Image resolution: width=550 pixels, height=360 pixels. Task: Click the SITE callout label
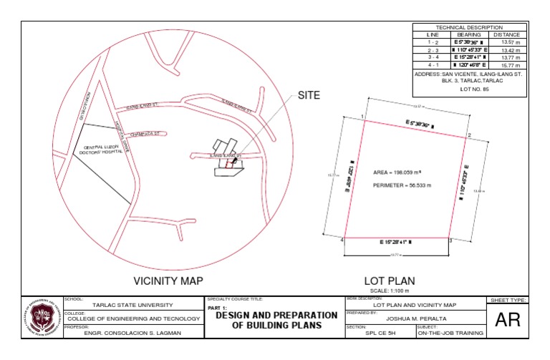(309, 94)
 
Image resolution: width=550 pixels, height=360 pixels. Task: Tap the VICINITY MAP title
(168, 281)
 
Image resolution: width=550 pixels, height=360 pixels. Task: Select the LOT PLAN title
(390, 281)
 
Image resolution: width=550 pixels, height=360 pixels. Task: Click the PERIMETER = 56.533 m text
(402, 185)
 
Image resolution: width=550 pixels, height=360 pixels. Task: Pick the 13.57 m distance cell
(508, 42)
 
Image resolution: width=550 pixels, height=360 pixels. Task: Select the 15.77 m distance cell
(508, 65)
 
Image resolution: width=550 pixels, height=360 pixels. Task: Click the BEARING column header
(468, 34)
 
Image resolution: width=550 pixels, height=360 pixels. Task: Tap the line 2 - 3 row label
(433, 50)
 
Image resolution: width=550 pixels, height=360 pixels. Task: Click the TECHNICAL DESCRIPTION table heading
(469, 26)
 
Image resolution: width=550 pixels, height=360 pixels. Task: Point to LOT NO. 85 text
(469, 89)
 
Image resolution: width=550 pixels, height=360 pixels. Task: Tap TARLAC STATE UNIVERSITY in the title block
(133, 305)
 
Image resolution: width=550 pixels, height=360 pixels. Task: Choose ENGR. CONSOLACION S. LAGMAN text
(133, 333)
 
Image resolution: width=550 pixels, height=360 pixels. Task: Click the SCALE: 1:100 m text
(390, 291)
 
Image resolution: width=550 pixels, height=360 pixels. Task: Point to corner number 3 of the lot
(450, 241)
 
